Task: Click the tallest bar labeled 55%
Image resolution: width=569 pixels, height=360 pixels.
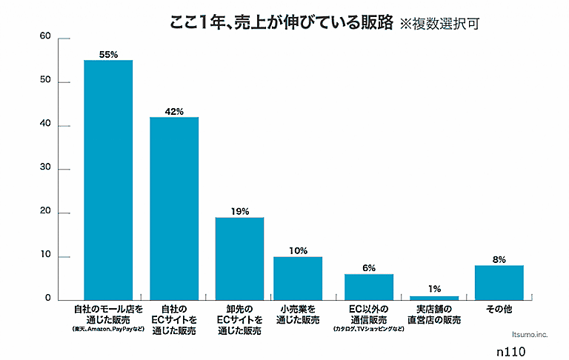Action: [108, 179]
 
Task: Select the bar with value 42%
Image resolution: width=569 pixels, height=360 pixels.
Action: [174, 208]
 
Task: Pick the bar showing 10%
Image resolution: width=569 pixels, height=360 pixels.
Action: [298, 278]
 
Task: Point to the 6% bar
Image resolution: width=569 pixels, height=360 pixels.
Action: [369, 287]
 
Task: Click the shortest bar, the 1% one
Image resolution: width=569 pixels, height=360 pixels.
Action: [434, 297]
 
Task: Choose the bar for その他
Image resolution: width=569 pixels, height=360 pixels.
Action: [499, 282]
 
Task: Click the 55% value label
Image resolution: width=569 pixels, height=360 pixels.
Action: [108, 54]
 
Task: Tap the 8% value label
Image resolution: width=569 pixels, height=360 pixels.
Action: [499, 260]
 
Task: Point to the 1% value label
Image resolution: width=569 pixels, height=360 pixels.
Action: [434, 289]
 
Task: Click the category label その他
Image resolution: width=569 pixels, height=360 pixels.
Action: [499, 307]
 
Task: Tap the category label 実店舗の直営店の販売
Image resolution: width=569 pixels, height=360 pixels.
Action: [434, 314]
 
